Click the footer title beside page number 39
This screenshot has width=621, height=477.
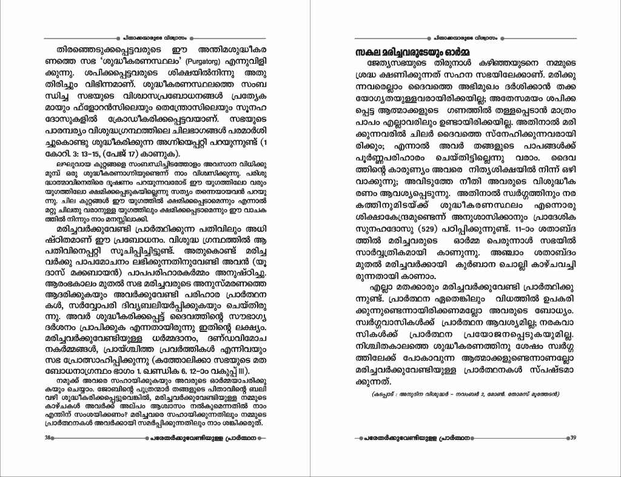pyautogui.click(x=465, y=438)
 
